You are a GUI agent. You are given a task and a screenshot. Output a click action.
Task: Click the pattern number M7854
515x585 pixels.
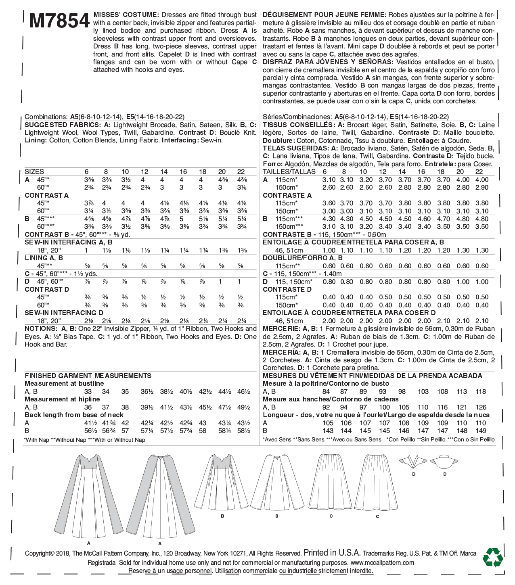(59, 21)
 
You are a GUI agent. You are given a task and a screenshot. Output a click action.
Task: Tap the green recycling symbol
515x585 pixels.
(493, 557)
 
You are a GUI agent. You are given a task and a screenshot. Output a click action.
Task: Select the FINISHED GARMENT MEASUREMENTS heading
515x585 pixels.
(88, 376)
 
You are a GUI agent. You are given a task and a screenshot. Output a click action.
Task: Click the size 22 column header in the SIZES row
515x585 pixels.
(241, 172)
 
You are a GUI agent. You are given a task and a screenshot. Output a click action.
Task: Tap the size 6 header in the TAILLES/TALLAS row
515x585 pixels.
(325, 172)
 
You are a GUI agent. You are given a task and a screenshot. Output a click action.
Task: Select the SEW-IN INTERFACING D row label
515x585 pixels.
(64, 313)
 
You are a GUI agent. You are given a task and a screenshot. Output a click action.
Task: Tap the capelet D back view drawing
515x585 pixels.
(445, 462)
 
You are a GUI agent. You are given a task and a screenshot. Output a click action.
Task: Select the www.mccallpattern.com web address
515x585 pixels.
(382, 563)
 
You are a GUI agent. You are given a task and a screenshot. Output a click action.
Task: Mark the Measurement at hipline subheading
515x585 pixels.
(62, 399)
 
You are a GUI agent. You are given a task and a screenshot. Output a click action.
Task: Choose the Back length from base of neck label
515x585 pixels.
(74, 415)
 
